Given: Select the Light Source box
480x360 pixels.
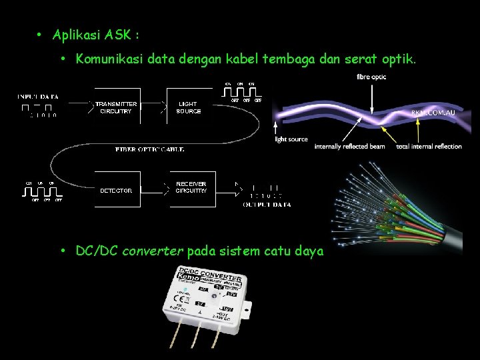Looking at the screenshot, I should tap(189, 108).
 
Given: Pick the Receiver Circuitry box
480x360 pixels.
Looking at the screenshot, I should tap(191, 187).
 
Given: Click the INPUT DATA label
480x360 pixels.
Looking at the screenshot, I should tap(37, 97).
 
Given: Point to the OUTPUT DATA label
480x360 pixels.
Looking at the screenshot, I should tap(267, 205).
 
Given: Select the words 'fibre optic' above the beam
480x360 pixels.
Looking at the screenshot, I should tap(371, 77).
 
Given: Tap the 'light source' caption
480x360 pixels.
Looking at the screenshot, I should tap(291, 139).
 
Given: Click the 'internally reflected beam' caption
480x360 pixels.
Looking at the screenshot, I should tap(349, 147).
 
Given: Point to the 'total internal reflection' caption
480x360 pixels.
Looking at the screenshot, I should tap(429, 147).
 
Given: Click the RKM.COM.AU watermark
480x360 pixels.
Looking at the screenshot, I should tap(433, 113).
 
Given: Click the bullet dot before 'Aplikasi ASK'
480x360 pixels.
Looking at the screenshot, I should tap(41, 34).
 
